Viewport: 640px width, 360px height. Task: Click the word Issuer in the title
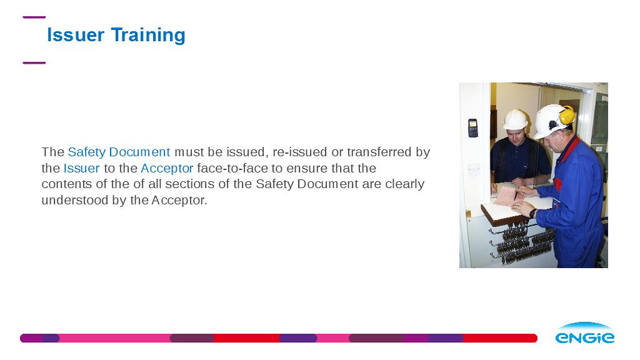76,35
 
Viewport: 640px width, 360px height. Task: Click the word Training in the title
148,36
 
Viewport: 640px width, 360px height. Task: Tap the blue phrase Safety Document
119,152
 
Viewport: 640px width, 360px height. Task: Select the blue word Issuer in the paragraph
82,168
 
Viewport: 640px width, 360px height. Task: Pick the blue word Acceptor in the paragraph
167,169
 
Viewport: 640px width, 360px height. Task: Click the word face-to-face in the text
232,168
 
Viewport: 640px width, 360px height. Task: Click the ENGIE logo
585,334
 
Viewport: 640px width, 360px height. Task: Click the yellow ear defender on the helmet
566,116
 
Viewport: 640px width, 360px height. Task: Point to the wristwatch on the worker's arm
532,213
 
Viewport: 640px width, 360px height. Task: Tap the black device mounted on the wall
472,128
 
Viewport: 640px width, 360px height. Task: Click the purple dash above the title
34,17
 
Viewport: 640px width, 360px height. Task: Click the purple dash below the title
34,63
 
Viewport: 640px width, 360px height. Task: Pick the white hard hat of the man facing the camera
515,119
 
